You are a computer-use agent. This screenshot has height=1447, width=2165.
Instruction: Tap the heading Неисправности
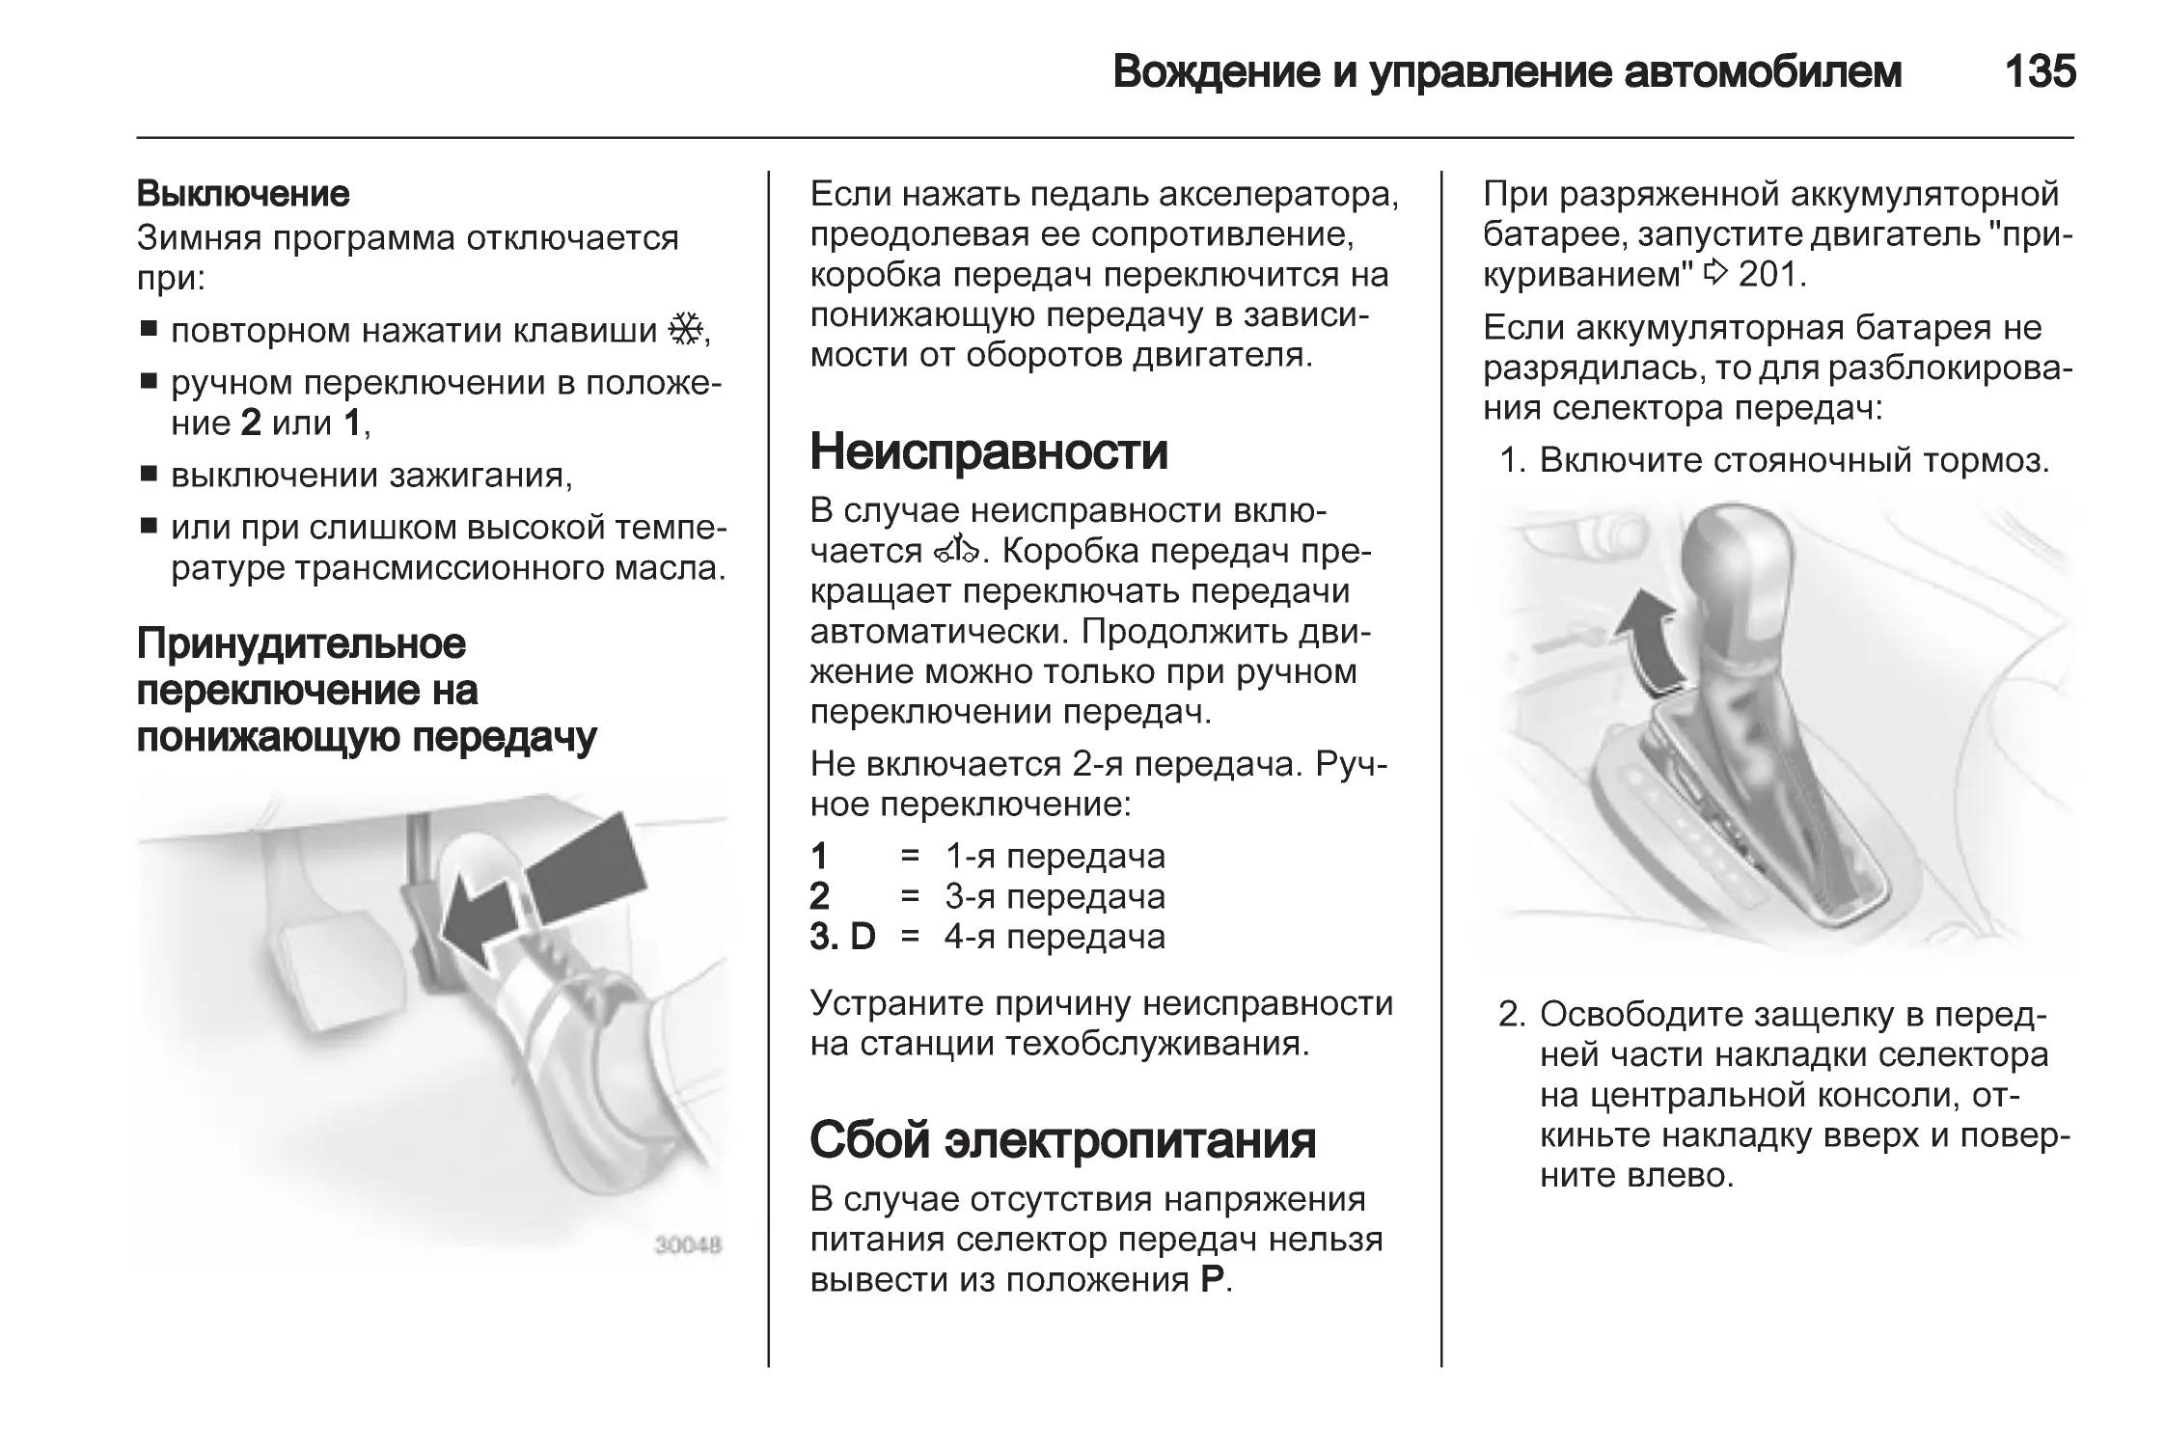point(989,451)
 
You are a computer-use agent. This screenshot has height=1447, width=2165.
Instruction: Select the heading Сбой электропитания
point(1063,1139)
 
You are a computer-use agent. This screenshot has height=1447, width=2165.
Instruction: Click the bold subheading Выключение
point(243,194)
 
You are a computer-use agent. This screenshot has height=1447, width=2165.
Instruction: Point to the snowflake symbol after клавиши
point(686,330)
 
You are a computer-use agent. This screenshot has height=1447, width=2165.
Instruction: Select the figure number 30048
point(688,1244)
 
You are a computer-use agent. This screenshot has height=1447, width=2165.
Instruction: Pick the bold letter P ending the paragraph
point(1213,1280)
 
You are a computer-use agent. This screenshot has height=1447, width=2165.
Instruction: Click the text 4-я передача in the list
point(1055,937)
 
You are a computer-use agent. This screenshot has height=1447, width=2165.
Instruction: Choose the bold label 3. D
point(842,937)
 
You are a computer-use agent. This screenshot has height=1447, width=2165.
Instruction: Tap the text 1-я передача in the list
point(1055,856)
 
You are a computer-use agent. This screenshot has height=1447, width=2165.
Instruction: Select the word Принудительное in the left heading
point(301,643)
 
